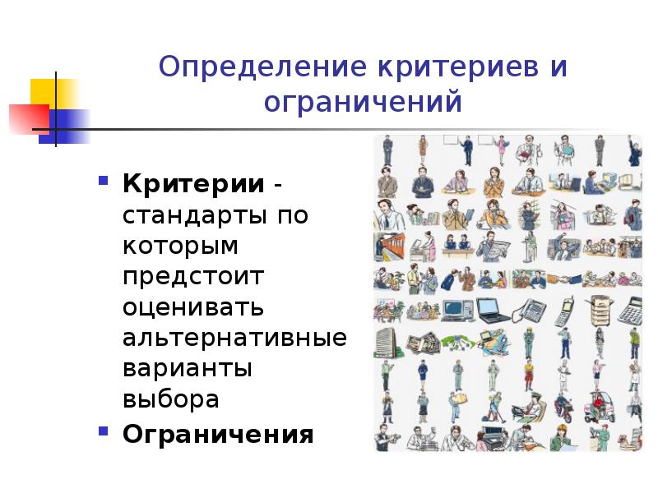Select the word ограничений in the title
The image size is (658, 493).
(363, 104)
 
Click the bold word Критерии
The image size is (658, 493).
(194, 183)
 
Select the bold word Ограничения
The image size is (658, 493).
(218, 433)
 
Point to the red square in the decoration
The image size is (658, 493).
(27, 119)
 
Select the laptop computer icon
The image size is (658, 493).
(491, 310)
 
